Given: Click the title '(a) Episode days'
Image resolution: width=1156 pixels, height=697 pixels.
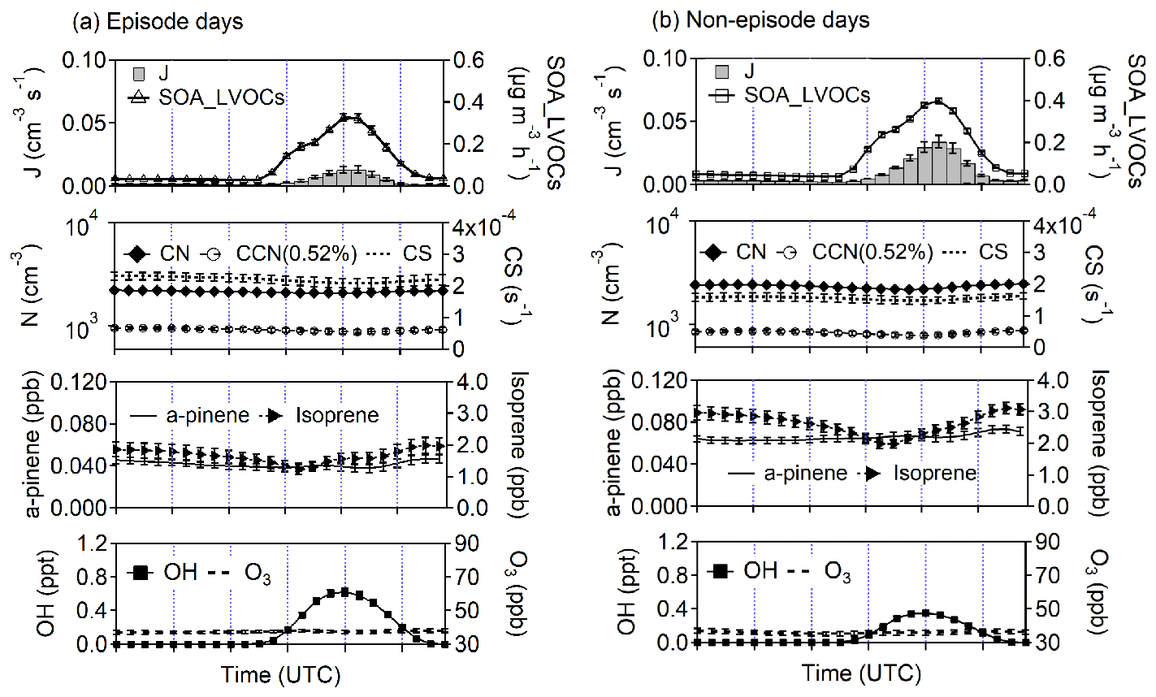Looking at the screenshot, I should [x=158, y=21].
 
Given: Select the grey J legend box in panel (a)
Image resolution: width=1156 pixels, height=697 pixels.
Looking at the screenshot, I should [x=140, y=74].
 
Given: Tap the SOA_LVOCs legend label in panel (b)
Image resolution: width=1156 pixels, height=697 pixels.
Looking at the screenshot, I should [x=807, y=95].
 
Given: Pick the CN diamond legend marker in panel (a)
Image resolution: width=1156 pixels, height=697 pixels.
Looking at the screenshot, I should [x=138, y=253].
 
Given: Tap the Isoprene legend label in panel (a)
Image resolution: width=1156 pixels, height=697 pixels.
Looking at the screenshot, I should [x=338, y=415].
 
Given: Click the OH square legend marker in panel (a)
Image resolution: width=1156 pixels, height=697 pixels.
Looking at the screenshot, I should [x=140, y=573].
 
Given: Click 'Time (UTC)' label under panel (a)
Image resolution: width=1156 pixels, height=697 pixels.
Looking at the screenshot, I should [x=281, y=674].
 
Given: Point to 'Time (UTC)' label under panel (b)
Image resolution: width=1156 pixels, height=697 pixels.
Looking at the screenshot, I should [x=861, y=673].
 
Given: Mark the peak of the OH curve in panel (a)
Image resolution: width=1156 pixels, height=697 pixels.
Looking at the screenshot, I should [x=344, y=591].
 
